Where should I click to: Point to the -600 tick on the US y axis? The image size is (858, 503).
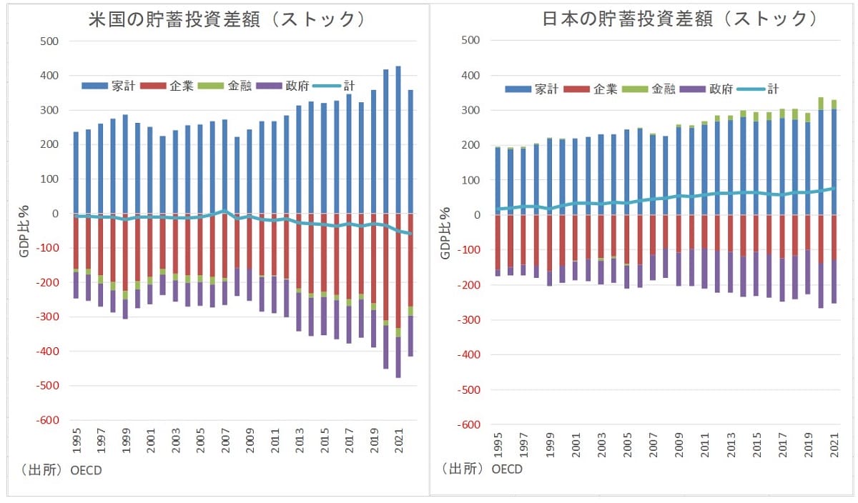46,420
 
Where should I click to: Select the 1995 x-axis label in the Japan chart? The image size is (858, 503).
498,446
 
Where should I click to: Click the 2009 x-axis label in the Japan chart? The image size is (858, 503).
679,446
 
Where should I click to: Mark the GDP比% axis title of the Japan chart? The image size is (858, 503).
444,232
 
